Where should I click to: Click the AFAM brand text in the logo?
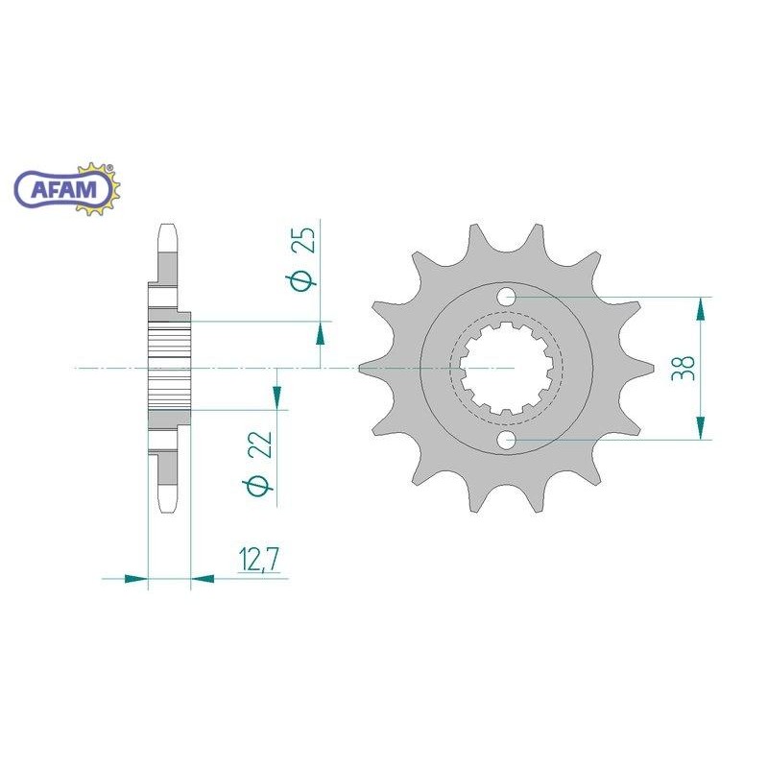click(63, 189)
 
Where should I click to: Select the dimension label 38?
click(684, 368)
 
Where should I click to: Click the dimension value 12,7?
click(259, 560)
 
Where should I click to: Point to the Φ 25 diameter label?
click(302, 259)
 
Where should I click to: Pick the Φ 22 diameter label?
click(257, 464)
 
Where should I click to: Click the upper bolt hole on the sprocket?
click(507, 297)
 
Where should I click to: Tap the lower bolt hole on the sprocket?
click(507, 440)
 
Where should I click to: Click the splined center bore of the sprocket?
click(507, 368)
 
